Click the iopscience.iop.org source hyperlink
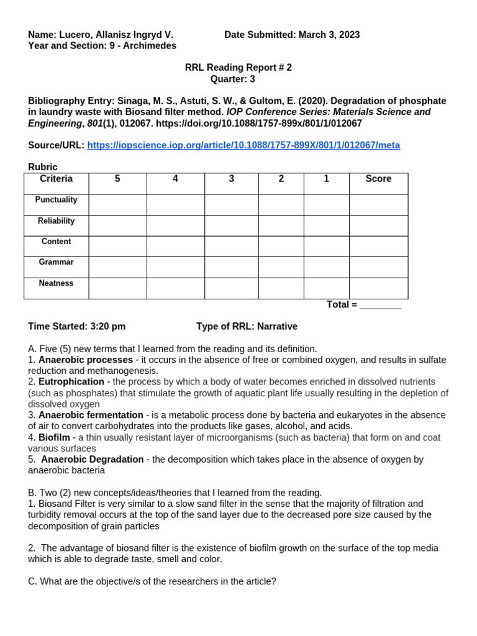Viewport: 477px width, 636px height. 243,145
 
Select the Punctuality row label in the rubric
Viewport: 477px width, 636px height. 56,200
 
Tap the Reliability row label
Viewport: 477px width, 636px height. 56,221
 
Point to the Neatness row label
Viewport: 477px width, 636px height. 56,283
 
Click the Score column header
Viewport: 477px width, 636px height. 378,179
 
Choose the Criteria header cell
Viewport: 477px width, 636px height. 56,179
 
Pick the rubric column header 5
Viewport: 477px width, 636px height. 117,179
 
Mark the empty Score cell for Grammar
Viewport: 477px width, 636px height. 378,267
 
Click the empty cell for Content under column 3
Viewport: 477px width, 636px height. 231,246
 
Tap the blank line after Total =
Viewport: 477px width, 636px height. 380,305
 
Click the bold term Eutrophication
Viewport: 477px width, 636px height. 71,382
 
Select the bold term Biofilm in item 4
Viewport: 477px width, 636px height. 54,438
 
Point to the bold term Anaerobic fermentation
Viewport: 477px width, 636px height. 91,416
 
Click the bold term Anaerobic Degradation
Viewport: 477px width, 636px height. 93,460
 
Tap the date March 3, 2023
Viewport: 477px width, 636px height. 329,35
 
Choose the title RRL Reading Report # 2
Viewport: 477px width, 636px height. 238,68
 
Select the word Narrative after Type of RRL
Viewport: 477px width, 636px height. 277,327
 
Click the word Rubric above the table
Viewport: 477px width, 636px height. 43,168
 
